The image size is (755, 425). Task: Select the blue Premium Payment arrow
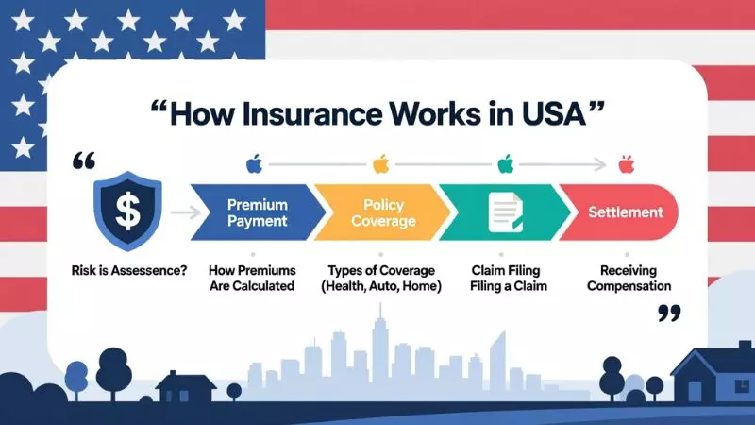click(x=252, y=212)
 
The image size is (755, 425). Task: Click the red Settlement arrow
click(x=623, y=212)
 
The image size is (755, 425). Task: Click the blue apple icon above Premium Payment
click(x=253, y=165)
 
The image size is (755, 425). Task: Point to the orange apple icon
click(x=380, y=165)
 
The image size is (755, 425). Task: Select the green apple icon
click(x=506, y=165)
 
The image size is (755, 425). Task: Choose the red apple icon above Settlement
click(x=626, y=165)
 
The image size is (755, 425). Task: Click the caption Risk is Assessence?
click(x=128, y=271)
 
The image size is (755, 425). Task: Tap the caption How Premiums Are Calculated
click(x=252, y=278)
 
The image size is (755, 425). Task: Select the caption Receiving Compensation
click(x=629, y=278)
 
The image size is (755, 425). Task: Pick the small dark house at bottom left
click(x=185, y=386)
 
